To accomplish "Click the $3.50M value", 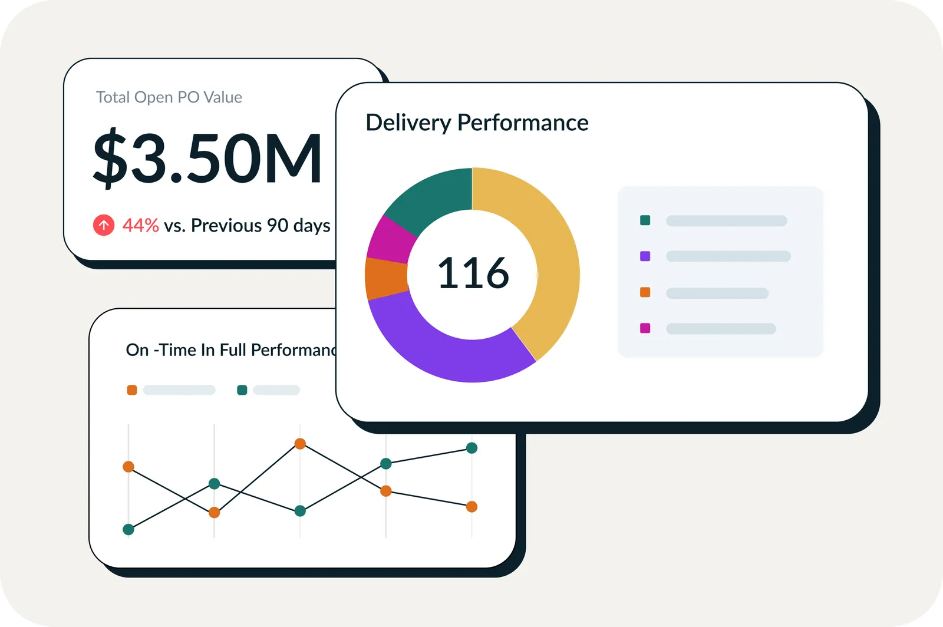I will point(207,158).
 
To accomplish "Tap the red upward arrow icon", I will point(104,225).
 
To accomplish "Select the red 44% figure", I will point(140,225).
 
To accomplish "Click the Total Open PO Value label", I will point(169,97).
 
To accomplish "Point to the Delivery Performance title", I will point(477,123).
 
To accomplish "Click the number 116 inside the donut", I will point(473,273).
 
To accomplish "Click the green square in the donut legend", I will point(645,220).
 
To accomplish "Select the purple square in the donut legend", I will point(645,256).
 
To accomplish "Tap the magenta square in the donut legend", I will point(645,328).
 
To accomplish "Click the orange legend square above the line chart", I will point(132,390).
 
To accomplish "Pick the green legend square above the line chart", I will point(242,390).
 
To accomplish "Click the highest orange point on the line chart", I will point(300,444).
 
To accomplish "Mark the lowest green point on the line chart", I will point(128,529).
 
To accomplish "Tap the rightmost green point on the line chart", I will point(471,448).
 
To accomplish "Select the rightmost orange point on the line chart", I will point(471,506).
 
